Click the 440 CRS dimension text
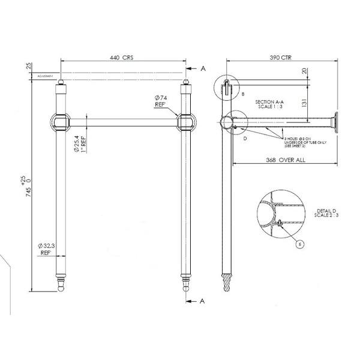121,58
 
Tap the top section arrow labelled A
199,70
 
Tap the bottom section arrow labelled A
199,300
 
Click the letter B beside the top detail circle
242,94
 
